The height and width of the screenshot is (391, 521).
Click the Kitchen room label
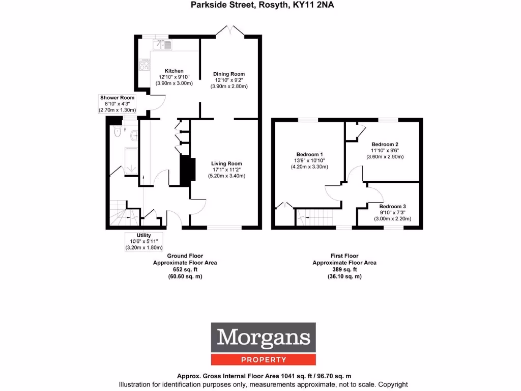coord(173,71)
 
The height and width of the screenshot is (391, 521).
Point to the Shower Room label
coord(117,97)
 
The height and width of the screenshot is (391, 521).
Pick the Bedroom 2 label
coord(385,144)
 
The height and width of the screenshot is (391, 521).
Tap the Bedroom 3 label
coord(392,206)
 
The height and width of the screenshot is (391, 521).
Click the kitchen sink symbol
coord(164,45)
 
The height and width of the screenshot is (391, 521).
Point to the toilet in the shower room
coord(118,132)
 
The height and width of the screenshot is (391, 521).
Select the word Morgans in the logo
coord(264,338)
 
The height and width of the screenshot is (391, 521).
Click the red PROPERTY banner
coord(264,360)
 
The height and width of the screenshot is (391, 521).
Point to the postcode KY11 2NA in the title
coord(316,5)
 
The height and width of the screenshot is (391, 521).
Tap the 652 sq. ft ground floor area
coord(185,269)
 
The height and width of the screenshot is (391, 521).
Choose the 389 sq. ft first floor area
coord(344,269)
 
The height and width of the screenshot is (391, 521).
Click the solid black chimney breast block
coord(188,170)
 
